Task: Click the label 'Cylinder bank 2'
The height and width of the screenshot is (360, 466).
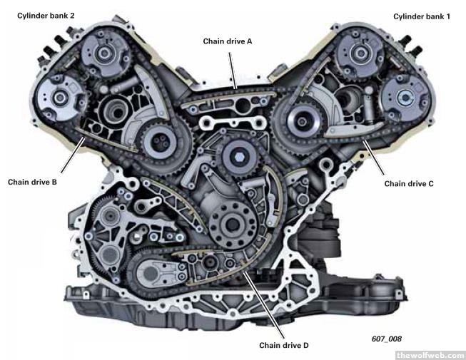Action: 46,16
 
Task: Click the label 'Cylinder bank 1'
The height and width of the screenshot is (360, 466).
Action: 422,16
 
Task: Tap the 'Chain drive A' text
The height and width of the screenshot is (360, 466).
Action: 228,41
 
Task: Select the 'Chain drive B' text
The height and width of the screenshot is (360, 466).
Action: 32,182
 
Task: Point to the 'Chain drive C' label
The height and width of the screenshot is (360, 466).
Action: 409,184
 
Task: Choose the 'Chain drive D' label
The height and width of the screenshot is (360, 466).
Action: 284,345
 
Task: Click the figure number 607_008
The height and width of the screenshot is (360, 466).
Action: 386,339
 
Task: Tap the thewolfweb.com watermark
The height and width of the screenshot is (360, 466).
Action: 430,355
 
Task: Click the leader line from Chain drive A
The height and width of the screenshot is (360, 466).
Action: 233,71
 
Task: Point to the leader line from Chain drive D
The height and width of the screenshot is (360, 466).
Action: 263,305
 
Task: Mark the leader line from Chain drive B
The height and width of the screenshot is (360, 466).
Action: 73,155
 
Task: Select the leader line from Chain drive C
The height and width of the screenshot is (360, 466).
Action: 373,158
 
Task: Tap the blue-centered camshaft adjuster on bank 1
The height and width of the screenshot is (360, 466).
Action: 405,97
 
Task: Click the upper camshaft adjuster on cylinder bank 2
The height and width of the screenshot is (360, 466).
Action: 105,53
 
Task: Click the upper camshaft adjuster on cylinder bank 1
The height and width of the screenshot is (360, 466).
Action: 361,53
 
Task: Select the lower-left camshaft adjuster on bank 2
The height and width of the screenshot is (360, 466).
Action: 60,98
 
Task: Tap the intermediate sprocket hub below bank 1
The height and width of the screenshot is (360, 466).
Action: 302,123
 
